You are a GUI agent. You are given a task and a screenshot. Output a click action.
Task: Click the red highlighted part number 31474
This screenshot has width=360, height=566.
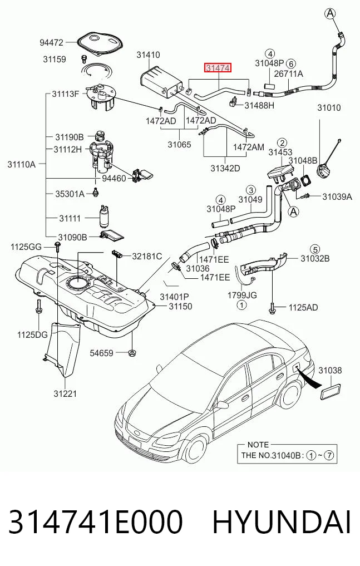coord(218,68)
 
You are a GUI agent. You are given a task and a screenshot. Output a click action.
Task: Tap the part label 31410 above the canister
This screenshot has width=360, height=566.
coord(148,55)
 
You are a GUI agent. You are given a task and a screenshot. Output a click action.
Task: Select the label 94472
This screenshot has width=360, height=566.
coord(51,43)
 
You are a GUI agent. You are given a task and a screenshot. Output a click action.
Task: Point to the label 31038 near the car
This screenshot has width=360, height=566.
coord(330,370)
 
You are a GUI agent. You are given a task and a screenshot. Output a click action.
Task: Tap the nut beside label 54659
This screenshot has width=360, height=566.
coord(132,352)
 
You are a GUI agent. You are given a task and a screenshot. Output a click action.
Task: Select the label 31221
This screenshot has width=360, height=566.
coord(65,393)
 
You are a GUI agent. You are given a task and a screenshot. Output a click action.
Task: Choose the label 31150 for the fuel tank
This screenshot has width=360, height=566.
coord(180,307)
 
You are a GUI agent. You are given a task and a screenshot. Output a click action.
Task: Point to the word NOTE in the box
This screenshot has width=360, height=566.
coord(258,445)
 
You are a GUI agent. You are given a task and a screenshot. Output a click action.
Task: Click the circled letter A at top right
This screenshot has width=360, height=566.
coord(330,14)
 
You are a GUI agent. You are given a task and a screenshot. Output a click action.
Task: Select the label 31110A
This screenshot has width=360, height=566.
coord(22,165)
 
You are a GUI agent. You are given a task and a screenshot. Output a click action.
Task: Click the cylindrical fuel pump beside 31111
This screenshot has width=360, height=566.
coord(105,216)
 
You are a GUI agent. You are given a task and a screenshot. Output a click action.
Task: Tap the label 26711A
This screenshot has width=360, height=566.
coord(289,74)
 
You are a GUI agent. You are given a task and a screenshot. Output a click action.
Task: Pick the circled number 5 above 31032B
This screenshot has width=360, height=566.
coord(315,249)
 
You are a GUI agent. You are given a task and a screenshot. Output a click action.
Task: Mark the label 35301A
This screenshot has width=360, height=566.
coord(70,194)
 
